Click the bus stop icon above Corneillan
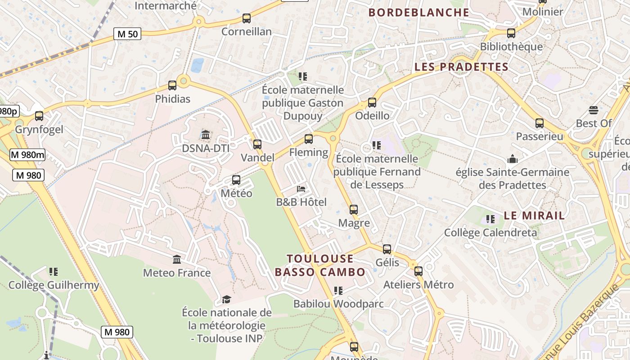click(246, 18)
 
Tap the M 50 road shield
click(127, 34)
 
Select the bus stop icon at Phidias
click(172, 85)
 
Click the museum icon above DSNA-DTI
click(206, 135)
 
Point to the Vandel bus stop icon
click(257, 144)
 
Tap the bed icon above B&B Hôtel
click(301, 189)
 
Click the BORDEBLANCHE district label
click(419, 13)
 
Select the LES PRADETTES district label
click(461, 67)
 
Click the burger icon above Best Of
click(593, 110)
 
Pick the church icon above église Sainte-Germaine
click(512, 159)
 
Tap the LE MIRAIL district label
click(534, 216)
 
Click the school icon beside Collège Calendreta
click(490, 219)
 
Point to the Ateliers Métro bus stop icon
click(418, 271)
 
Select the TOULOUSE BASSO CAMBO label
click(320, 265)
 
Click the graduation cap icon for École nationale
click(226, 299)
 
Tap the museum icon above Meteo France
click(177, 260)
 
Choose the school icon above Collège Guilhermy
click(54, 272)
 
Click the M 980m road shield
click(28, 155)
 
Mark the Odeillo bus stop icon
click(372, 103)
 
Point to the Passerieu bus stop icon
click(539, 123)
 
